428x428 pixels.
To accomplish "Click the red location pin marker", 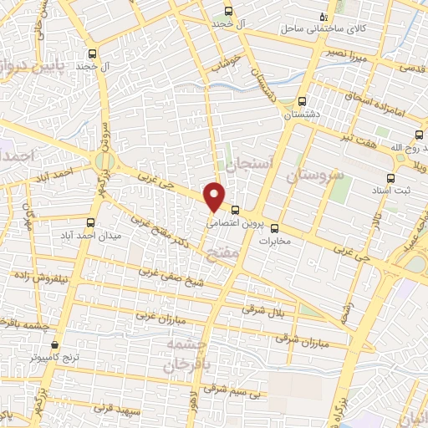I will [215, 196].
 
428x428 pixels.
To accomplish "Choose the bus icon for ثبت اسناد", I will [390, 178].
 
